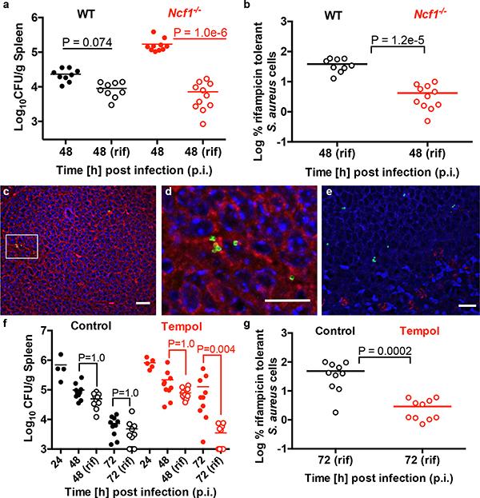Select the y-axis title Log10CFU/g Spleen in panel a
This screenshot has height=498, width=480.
click(x=10, y=77)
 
